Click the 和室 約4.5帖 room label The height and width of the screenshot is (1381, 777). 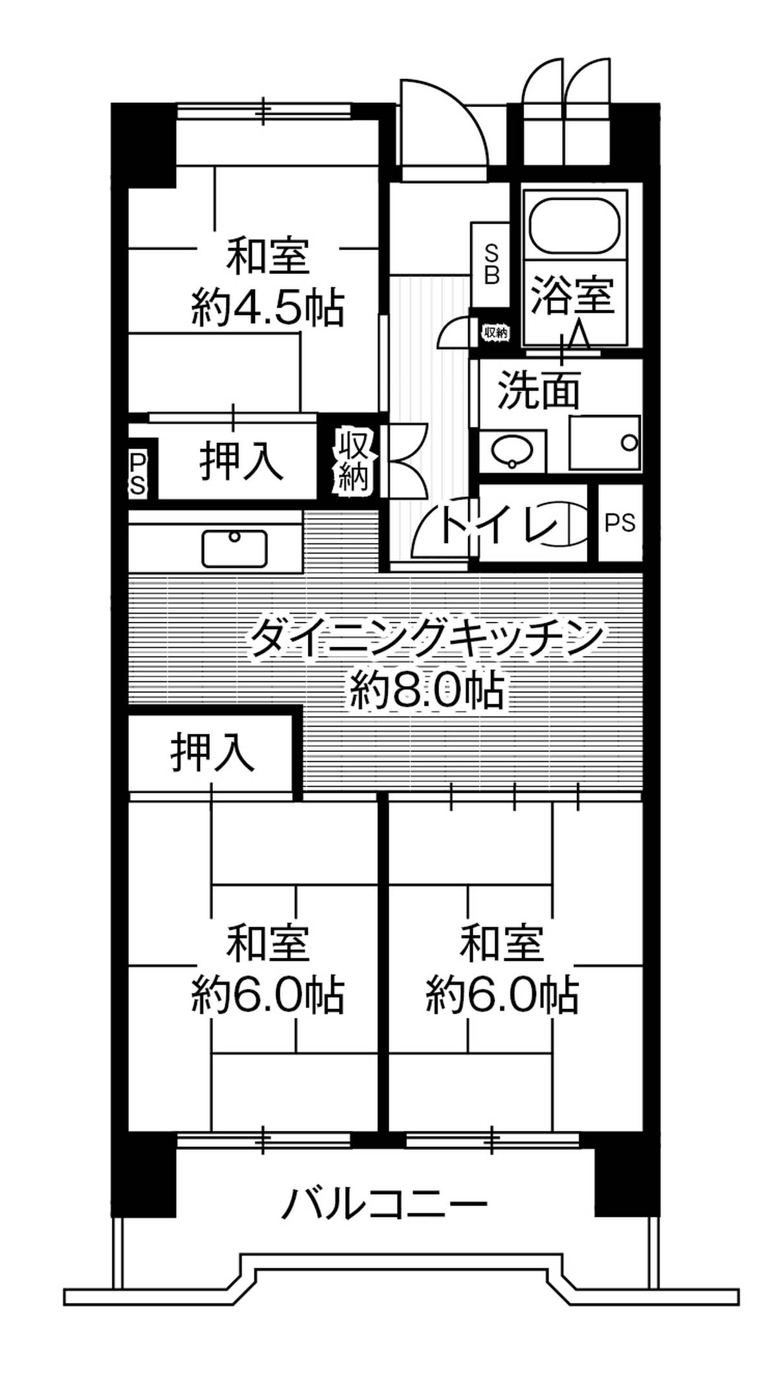(267, 282)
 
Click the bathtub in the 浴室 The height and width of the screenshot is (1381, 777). (575, 224)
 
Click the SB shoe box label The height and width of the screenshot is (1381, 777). (491, 264)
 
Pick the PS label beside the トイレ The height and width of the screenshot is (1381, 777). (620, 522)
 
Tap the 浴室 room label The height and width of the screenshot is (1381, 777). (572, 294)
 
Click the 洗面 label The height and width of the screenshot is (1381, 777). (538, 390)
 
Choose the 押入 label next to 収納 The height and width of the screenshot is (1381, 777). (241, 460)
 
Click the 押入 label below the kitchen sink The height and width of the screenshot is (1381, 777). (212, 752)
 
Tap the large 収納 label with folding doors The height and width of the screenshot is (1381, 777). (353, 461)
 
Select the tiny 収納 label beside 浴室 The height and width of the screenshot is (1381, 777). (495, 333)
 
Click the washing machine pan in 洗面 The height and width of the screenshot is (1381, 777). (605, 443)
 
